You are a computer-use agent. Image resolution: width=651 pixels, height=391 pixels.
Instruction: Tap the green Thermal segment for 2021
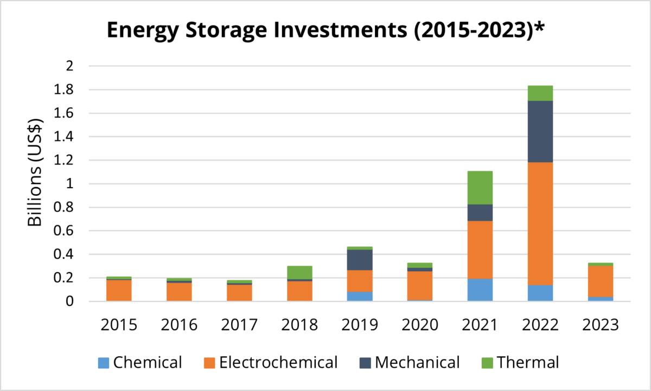pos(479,188)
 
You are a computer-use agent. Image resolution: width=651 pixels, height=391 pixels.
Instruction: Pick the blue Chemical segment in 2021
pos(479,290)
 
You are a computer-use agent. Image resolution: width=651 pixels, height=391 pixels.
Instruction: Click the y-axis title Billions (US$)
pos(36,172)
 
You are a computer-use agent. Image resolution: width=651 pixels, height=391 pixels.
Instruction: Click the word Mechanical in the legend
pos(417,362)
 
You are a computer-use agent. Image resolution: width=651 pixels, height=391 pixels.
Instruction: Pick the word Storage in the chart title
pos(246,31)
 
